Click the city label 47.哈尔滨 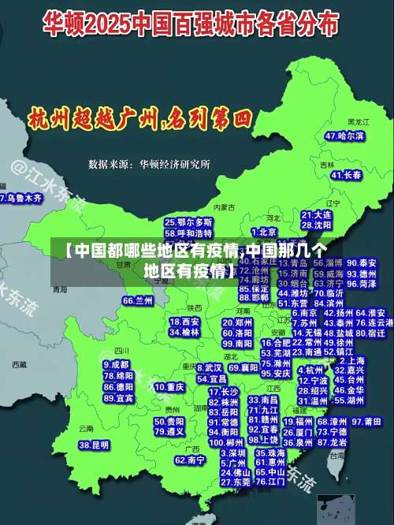point(344,136)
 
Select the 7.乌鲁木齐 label point(20,199)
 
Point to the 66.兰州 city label point(139,300)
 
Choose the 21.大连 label point(316,214)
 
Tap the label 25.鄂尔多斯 point(188,222)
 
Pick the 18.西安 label point(184,322)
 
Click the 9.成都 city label point(117,365)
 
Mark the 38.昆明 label point(94,445)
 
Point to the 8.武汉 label point(210,367)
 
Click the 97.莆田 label point(367,422)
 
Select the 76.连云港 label point(374,322)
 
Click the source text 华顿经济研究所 point(175,164)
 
